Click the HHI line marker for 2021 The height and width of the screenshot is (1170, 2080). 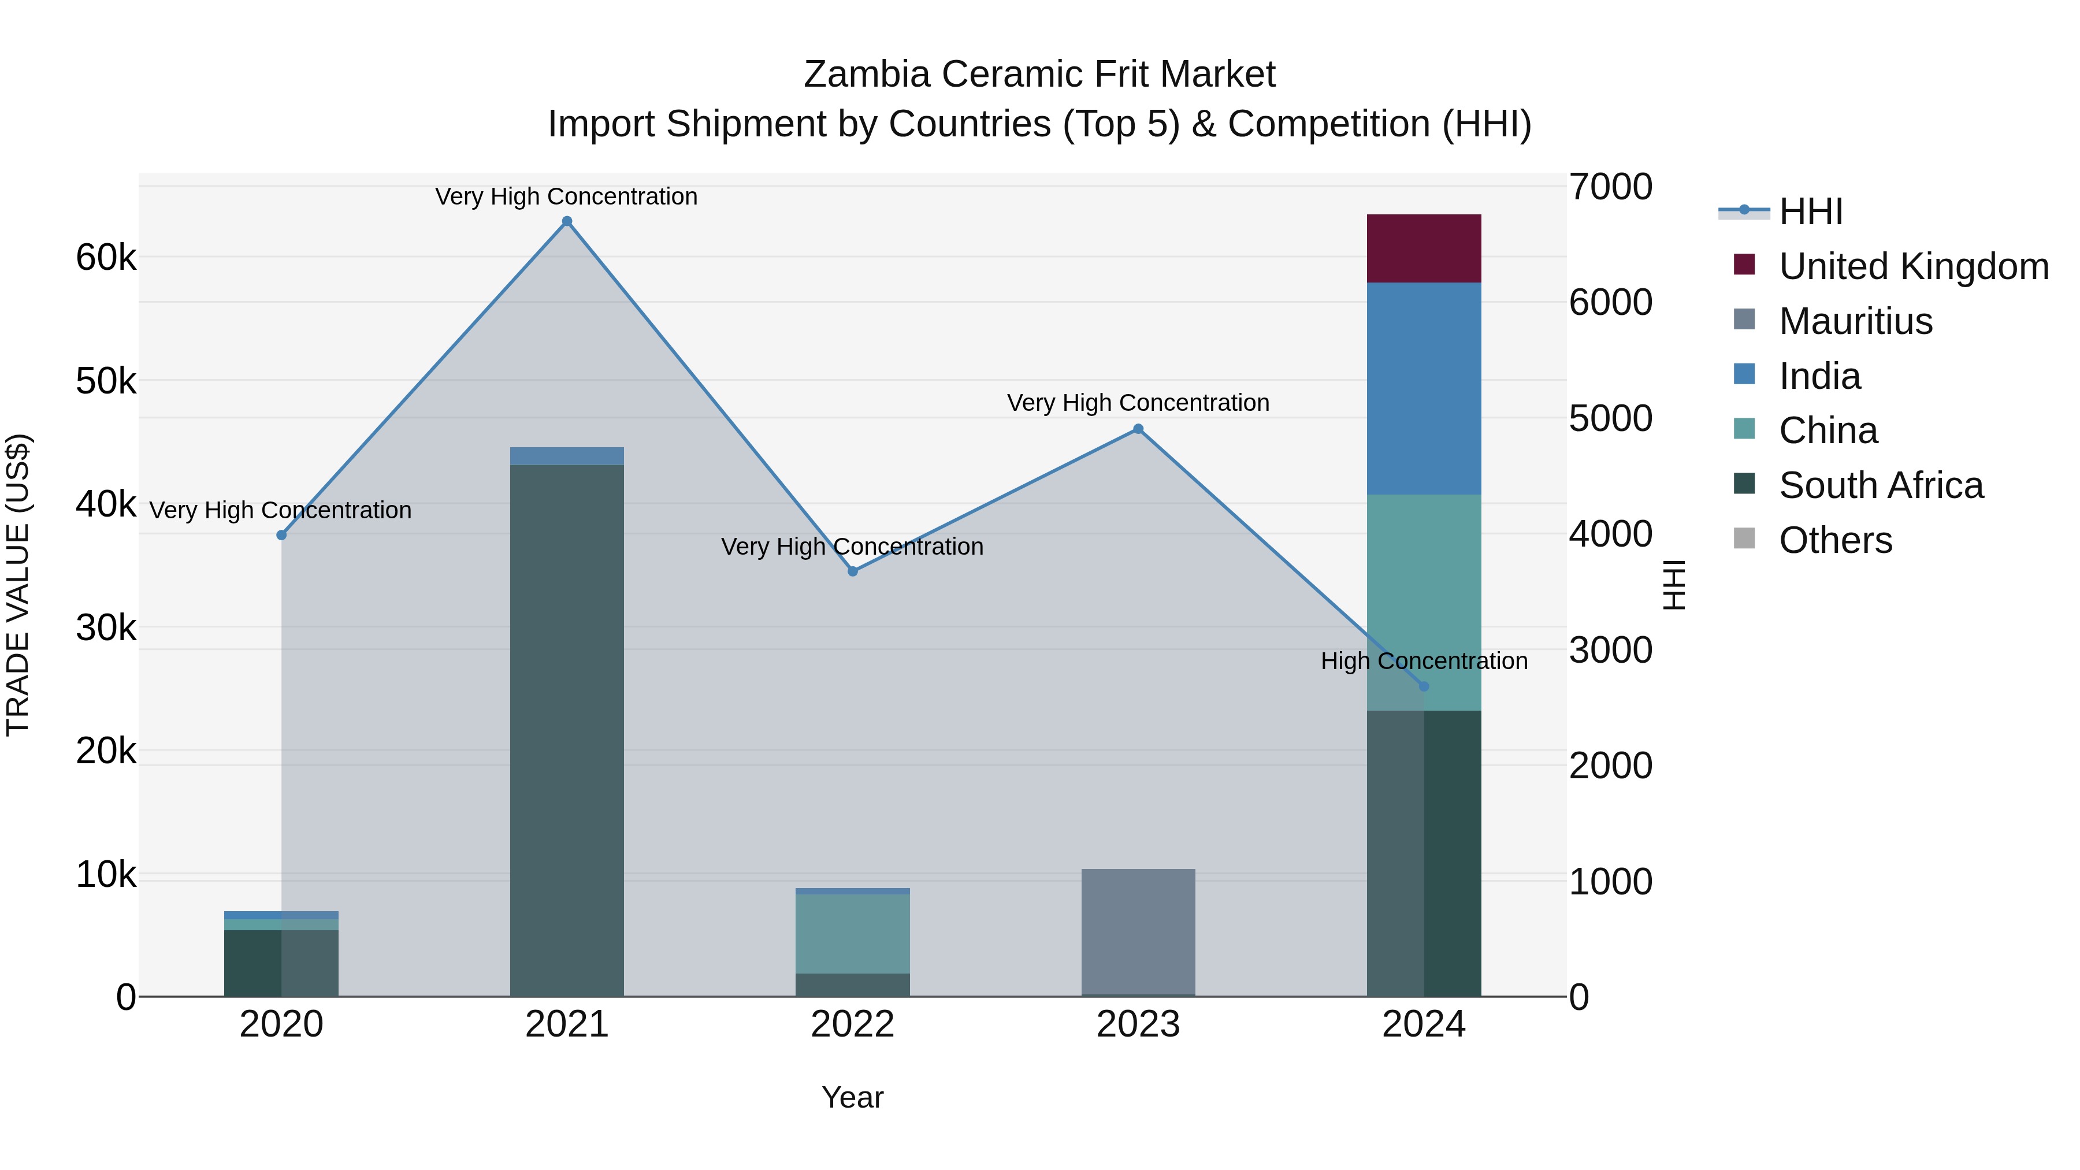[567, 221]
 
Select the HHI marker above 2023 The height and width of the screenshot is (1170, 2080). [1138, 429]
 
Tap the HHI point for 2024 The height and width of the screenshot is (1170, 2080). [1424, 686]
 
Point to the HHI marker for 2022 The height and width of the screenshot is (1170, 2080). [853, 571]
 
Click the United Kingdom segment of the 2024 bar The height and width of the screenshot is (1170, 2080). [1424, 248]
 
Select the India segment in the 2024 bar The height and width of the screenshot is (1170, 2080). [1424, 388]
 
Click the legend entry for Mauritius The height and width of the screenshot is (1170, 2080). [1855, 321]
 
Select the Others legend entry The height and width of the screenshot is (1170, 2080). [1834, 540]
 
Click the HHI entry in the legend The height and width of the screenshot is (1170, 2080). [1810, 211]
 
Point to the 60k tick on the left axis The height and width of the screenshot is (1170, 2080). [106, 258]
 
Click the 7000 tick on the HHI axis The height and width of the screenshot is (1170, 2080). [1610, 187]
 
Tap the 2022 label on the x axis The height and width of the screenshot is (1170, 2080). [853, 1024]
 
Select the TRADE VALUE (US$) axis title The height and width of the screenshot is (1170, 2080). [18, 585]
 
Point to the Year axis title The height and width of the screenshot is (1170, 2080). [853, 1097]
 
